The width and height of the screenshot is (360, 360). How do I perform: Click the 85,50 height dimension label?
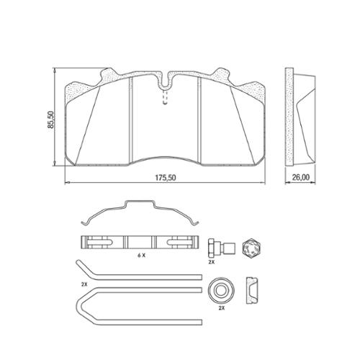point(51,120)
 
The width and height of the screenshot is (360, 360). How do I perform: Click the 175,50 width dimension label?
point(166,178)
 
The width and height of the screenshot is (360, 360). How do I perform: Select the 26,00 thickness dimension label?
point(300,177)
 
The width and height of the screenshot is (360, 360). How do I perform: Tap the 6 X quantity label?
point(141,256)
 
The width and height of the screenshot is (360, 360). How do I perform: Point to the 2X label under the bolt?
point(211,262)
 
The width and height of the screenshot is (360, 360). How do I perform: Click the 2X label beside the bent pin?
point(84,284)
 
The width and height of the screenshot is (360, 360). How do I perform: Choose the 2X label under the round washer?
point(221,308)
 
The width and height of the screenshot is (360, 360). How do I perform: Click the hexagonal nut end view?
point(251,248)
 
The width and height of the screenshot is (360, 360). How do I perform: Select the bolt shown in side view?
point(222,248)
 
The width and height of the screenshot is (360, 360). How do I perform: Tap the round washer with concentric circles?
point(220,291)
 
